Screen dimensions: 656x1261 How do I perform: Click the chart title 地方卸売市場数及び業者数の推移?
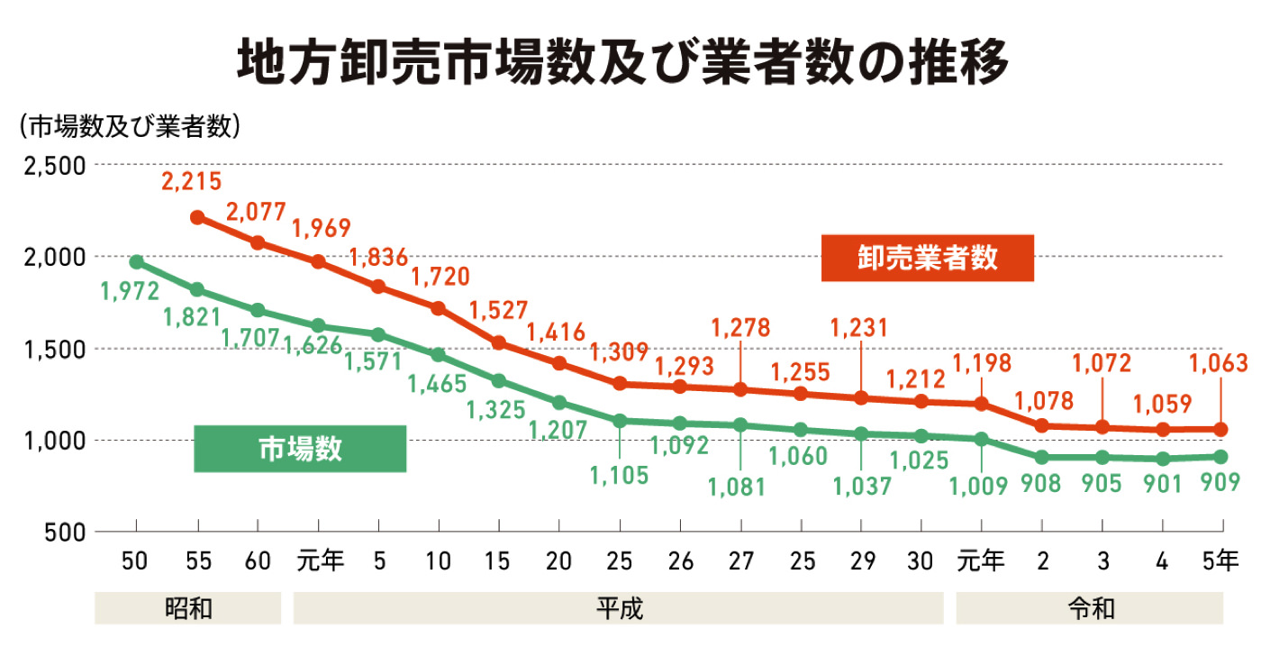tap(622, 60)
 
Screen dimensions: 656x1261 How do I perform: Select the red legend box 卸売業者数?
tap(927, 258)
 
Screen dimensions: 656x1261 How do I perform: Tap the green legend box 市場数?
tap(300, 448)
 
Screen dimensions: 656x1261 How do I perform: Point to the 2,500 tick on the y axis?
tap(52, 166)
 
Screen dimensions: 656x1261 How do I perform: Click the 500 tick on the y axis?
tap(65, 533)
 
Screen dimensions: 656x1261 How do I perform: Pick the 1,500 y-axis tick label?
tap(52, 350)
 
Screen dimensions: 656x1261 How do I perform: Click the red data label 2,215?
tap(191, 182)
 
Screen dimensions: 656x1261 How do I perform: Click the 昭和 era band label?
tap(188, 608)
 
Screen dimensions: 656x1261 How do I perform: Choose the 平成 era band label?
tap(619, 608)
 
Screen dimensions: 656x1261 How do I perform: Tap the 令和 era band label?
tap(1090, 608)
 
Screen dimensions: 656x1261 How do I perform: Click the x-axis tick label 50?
tap(136, 561)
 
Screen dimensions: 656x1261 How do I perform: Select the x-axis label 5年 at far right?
tap(1220, 561)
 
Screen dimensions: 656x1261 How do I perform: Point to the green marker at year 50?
tap(136, 262)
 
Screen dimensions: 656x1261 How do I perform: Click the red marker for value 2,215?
tap(197, 217)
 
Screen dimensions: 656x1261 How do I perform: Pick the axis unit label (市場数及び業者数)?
tap(129, 126)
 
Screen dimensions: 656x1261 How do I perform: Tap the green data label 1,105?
tap(620, 475)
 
